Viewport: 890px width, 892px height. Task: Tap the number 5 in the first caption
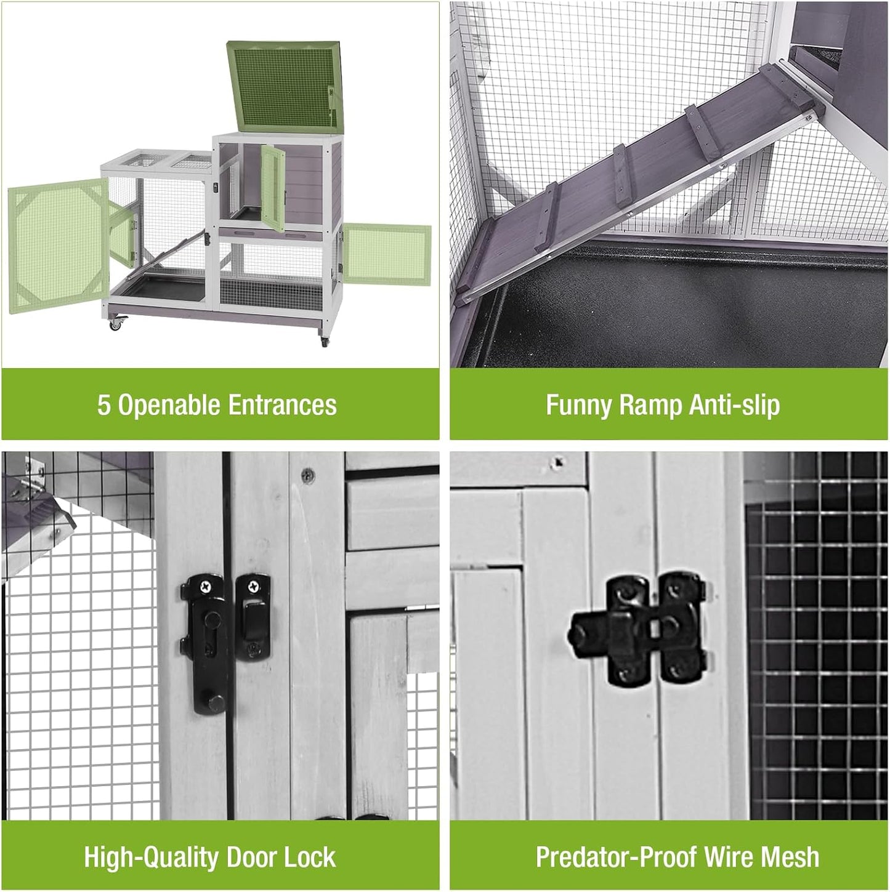(x=103, y=405)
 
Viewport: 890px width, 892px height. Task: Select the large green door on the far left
(x=59, y=246)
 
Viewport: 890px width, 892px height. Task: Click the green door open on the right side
(x=386, y=254)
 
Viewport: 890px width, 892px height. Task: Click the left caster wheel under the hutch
(x=115, y=323)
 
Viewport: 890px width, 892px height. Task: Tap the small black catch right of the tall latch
(x=253, y=616)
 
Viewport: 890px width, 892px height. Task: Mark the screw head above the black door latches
(x=307, y=475)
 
